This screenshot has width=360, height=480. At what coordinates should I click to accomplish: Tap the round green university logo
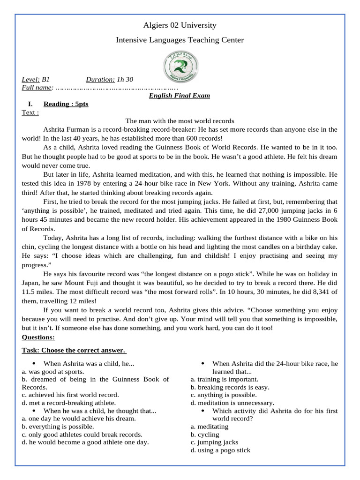coord(180,68)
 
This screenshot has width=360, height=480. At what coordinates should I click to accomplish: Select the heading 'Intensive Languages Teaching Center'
coord(180,40)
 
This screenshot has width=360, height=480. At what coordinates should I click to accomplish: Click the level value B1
coord(46,80)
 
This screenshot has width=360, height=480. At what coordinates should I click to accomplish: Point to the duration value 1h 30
coord(125,80)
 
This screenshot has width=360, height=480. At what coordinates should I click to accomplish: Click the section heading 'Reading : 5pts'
coord(66,104)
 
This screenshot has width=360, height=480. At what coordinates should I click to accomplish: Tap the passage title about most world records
coord(180,121)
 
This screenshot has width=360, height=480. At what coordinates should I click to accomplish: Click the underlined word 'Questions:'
coord(38,337)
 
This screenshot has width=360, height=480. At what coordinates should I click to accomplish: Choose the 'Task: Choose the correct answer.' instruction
coord(74,350)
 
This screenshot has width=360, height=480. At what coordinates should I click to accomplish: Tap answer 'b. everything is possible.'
coord(58,427)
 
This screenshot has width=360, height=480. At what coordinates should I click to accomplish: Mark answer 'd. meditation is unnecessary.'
coord(232,403)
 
